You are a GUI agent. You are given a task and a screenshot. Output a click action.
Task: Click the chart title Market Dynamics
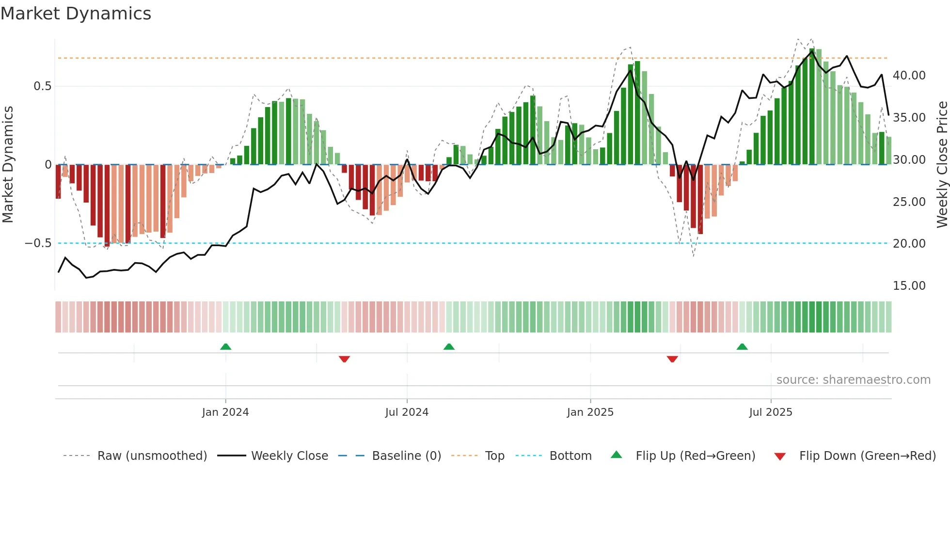click(76, 14)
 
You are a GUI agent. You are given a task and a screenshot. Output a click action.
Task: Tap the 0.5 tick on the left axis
click(42, 86)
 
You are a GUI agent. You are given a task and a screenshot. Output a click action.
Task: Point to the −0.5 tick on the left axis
click(38, 243)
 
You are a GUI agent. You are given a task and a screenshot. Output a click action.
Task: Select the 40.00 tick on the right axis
click(909, 76)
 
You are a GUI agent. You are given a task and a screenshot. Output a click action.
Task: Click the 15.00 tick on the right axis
click(909, 286)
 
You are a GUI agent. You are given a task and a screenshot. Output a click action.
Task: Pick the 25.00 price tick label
click(909, 202)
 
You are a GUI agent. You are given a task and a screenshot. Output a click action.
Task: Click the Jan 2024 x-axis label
click(225, 412)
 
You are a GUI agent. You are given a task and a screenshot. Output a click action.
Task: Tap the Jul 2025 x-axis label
click(771, 412)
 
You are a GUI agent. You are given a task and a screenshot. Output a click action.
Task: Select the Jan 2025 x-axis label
click(590, 412)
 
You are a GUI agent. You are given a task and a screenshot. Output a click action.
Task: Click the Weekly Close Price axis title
click(942, 165)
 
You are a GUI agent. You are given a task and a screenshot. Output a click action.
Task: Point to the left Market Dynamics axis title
click(8, 165)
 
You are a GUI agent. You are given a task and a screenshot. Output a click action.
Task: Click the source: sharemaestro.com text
click(853, 380)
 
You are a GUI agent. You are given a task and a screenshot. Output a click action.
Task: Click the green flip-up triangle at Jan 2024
click(225, 346)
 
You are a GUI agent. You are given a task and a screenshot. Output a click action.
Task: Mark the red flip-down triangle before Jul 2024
click(344, 359)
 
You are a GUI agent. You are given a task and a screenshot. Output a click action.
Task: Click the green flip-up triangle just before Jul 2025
click(742, 346)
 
